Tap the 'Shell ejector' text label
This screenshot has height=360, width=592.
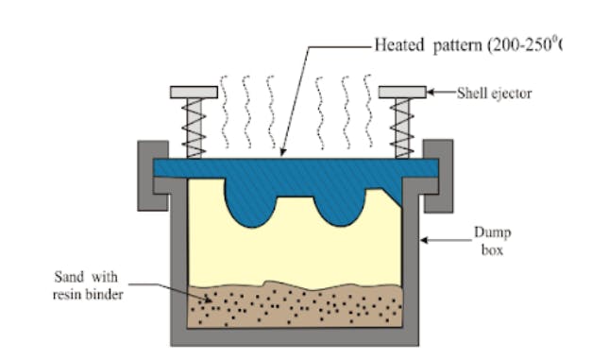pos(497,93)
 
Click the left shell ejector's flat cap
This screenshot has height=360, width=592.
pos(195,92)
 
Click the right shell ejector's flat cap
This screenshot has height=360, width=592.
pos(401,92)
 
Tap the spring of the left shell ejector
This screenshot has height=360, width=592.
pos(195,127)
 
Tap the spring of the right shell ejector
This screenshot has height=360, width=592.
pos(401,127)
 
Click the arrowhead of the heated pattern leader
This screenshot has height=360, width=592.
pos(281,153)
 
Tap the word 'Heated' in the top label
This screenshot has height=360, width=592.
pos(399,44)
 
